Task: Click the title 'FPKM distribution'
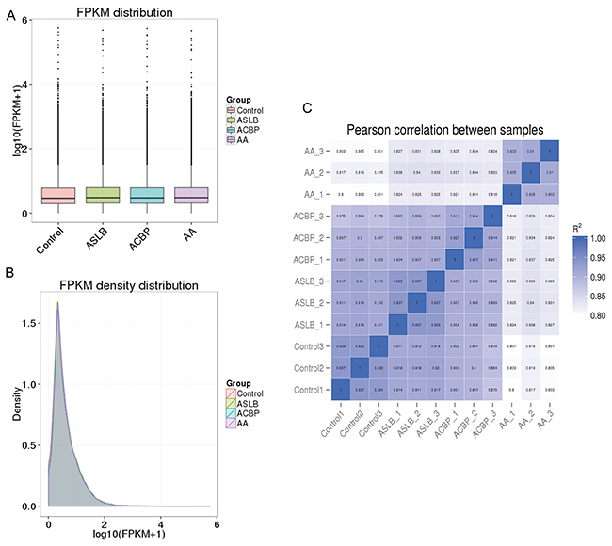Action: click(120, 12)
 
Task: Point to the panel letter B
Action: click(8, 274)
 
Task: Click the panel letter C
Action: click(306, 108)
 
